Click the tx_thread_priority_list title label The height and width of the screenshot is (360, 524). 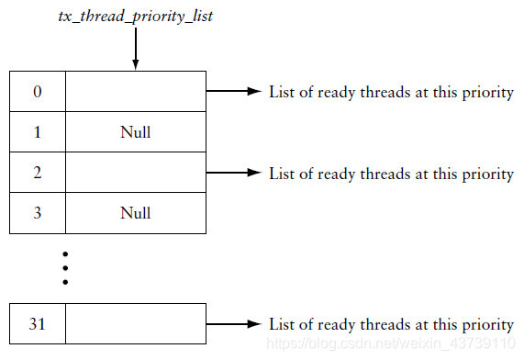[135, 17]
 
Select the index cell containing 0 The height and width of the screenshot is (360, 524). [37, 92]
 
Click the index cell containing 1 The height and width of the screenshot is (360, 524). [37, 132]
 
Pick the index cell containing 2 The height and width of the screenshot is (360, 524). [37, 173]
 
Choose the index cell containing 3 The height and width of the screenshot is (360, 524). [37, 213]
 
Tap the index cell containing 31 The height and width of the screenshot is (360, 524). [37, 324]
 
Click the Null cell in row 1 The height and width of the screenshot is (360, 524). [135, 132]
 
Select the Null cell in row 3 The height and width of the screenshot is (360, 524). [135, 213]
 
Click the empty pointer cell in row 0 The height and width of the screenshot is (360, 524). [135, 92]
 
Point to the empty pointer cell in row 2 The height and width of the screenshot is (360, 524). [135, 173]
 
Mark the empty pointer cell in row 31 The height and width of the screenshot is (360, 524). [135, 324]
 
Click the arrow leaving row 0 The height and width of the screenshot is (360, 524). [234, 92]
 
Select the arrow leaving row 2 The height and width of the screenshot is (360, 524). [234, 173]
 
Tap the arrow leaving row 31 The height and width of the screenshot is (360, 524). [234, 324]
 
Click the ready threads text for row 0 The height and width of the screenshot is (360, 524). [391, 93]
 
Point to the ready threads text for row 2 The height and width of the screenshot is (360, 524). [391, 174]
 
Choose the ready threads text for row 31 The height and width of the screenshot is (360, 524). [391, 324]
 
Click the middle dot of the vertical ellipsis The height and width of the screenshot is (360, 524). [66, 266]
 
